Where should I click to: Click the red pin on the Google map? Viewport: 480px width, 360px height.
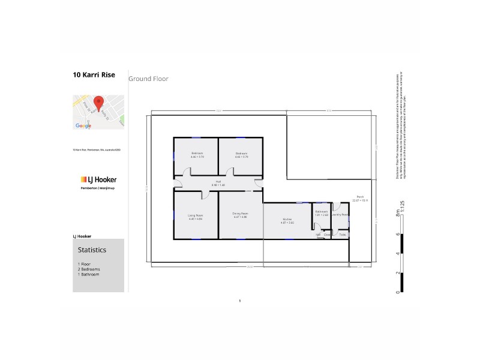click(98, 103)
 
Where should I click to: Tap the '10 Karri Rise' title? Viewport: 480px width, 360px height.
click(94, 76)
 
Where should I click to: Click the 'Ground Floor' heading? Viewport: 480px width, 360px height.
click(148, 79)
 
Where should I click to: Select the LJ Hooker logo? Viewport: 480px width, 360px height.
click(98, 179)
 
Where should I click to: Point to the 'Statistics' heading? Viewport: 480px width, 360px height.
click(92, 250)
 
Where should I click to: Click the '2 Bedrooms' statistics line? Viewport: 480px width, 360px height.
click(89, 269)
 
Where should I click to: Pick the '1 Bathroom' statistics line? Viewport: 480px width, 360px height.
click(88, 275)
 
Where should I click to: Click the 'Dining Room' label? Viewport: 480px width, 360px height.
click(241, 214)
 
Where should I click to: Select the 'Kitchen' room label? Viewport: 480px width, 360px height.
click(287, 220)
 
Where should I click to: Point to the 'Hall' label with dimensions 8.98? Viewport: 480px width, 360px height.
click(218, 182)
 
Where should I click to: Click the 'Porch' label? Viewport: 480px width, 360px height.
click(360, 197)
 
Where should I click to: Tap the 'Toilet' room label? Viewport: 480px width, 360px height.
click(342, 235)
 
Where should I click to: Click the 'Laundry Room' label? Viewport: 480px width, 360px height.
click(341, 214)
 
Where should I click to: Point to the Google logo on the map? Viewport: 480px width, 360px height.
click(83, 125)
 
